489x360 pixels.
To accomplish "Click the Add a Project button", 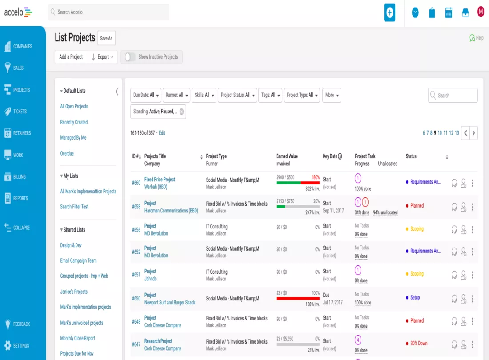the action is [x=71, y=57].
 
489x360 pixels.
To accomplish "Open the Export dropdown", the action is [x=102, y=57].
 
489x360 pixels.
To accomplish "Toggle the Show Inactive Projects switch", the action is [x=130, y=57].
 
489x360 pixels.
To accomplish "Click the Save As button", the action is [x=106, y=38].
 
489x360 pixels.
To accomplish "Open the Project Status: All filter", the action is [x=237, y=95].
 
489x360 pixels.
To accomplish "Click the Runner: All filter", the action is [x=176, y=95].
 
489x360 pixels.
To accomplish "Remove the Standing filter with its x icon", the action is [x=181, y=112].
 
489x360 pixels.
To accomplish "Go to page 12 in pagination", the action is [x=451, y=133].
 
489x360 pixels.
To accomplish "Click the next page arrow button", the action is [x=473, y=133].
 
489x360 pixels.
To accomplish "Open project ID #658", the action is [x=136, y=207].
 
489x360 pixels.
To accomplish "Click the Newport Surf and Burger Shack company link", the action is [x=170, y=302].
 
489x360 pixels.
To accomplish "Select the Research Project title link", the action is [x=158, y=341].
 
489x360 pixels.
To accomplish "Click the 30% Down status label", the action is [x=418, y=344].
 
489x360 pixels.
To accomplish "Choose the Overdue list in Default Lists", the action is [x=67, y=153].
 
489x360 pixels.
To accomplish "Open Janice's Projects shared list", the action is [x=74, y=292].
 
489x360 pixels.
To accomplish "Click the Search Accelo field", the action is [x=108, y=12].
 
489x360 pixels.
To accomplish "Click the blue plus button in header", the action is [x=389, y=12].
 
